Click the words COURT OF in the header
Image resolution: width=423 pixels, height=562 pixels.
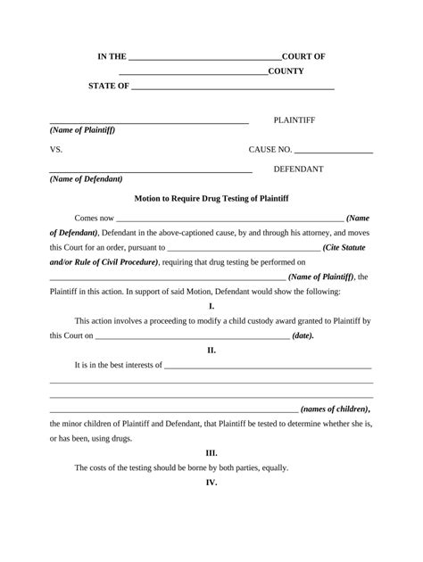pyautogui.click(x=303, y=56)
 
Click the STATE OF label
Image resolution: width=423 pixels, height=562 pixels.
pyautogui.click(x=109, y=87)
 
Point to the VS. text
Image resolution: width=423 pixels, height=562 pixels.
pyautogui.click(x=56, y=150)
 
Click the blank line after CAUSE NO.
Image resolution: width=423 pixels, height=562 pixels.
pyautogui.click(x=333, y=152)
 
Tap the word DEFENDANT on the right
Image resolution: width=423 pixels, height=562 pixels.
pyautogui.click(x=298, y=169)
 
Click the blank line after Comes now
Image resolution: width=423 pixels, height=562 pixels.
pyautogui.click(x=229, y=219)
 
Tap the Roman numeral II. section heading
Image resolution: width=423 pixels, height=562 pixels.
pyautogui.click(x=211, y=350)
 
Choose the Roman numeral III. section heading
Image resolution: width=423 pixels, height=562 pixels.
pyautogui.click(x=211, y=452)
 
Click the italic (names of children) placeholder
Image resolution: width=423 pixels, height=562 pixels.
pyautogui.click(x=336, y=409)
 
